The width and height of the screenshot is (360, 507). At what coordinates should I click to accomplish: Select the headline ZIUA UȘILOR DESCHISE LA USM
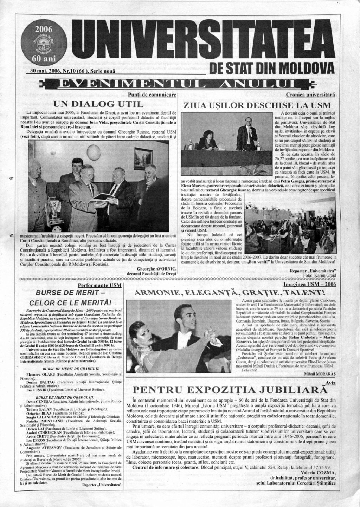[257, 105]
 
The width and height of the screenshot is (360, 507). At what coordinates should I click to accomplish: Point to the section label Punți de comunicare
[152, 95]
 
